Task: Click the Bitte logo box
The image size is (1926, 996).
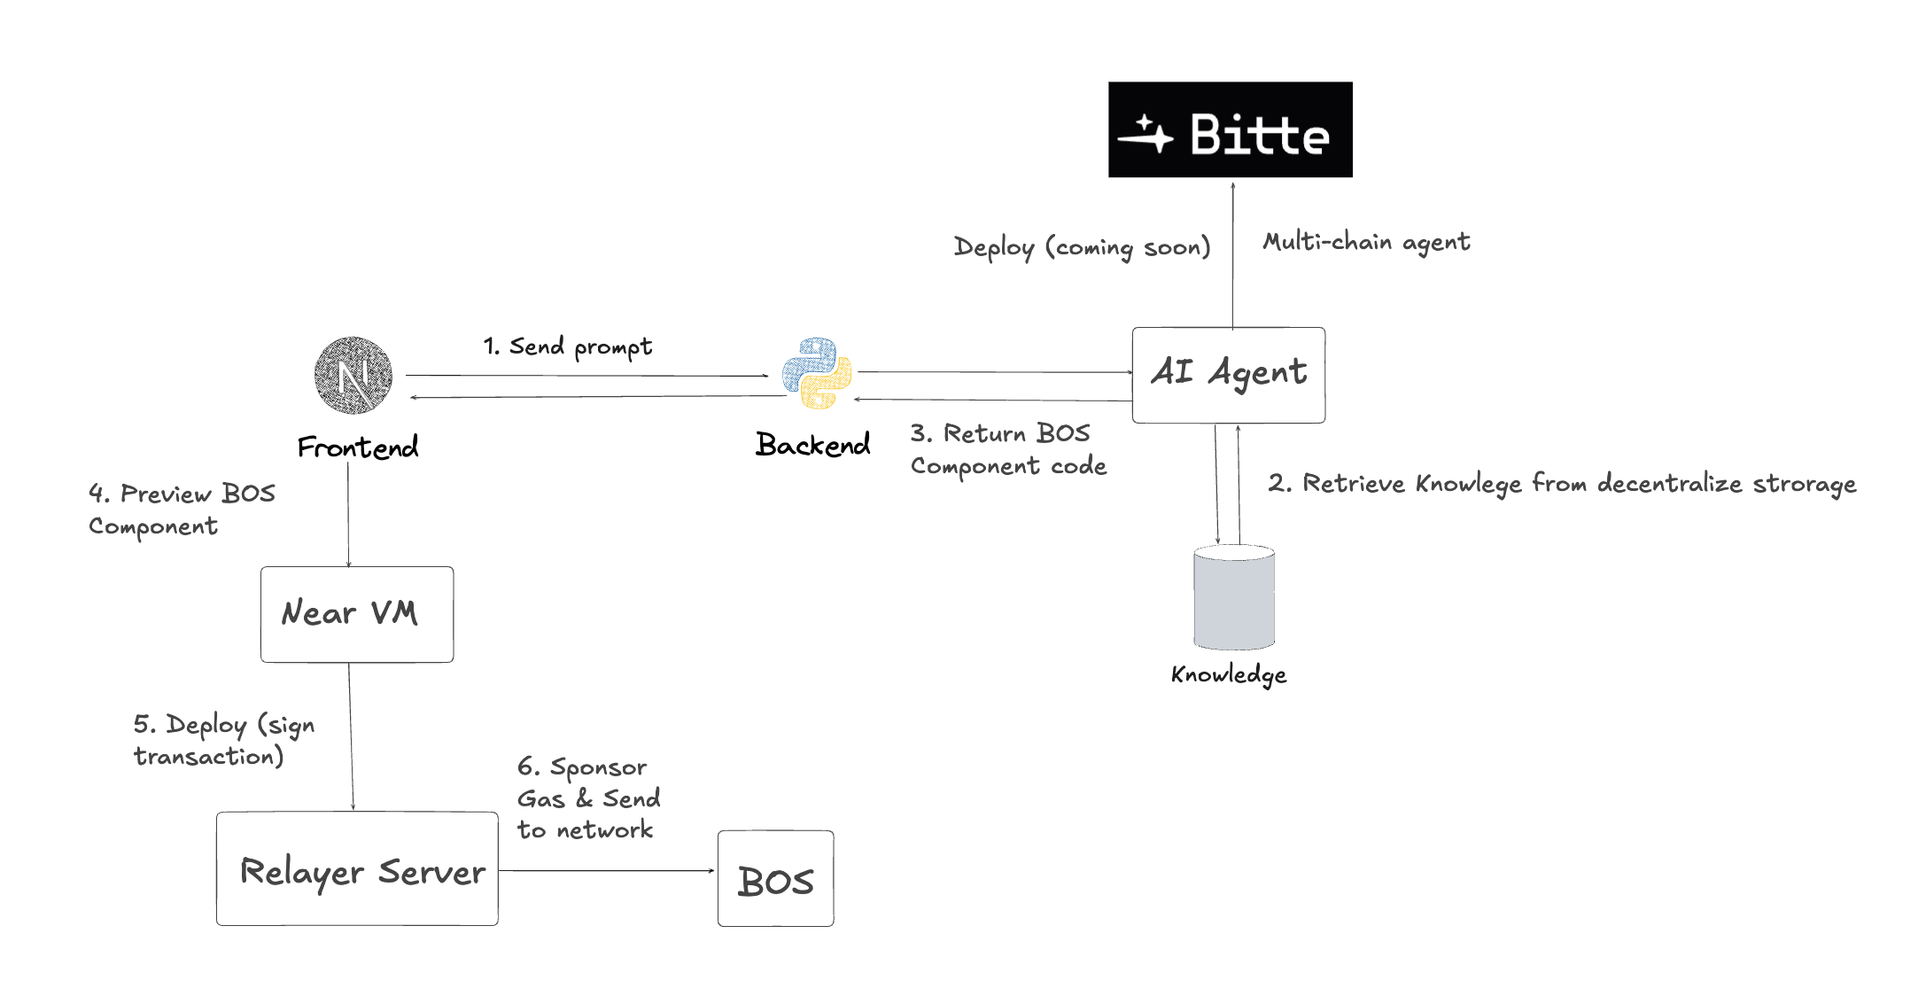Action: click(1230, 129)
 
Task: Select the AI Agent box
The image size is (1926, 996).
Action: click(1228, 375)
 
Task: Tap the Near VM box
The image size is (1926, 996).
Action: click(357, 614)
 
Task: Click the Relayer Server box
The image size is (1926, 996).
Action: click(357, 869)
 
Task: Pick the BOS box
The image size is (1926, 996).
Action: click(775, 879)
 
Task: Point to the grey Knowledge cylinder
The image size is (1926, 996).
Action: click(1233, 597)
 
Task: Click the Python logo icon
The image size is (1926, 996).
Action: click(817, 373)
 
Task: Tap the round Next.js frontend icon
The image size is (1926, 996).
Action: click(353, 375)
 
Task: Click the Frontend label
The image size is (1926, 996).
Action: click(358, 447)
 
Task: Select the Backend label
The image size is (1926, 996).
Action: click(812, 445)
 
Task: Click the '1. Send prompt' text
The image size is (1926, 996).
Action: click(567, 346)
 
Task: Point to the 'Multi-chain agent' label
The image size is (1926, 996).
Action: click(1366, 242)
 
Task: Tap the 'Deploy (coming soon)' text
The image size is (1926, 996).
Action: click(1082, 247)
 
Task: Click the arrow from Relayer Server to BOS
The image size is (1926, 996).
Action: click(607, 870)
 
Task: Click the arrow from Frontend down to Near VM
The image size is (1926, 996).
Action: click(348, 514)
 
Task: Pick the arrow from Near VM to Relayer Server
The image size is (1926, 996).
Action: click(351, 735)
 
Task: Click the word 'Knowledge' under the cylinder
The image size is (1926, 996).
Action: click(1229, 675)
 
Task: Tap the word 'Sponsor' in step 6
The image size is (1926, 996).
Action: click(598, 767)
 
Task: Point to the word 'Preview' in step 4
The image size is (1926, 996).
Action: click(166, 494)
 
